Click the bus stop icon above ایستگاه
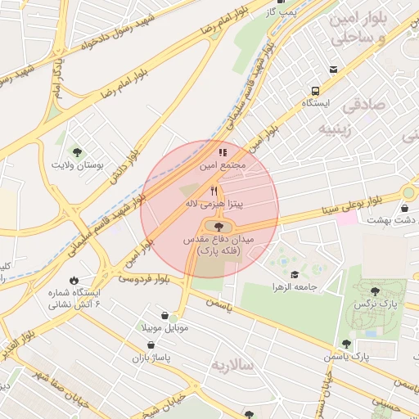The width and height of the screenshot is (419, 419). point(314,92)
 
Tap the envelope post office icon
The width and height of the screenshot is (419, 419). point(332,70)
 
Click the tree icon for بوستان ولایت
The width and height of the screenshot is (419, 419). point(77,151)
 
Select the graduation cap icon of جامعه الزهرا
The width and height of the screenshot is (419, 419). point(294,274)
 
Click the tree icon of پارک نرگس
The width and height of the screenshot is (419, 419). point(374,291)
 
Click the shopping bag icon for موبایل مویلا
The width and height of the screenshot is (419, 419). point(165,315)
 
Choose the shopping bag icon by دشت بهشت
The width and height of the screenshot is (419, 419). point(408,206)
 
